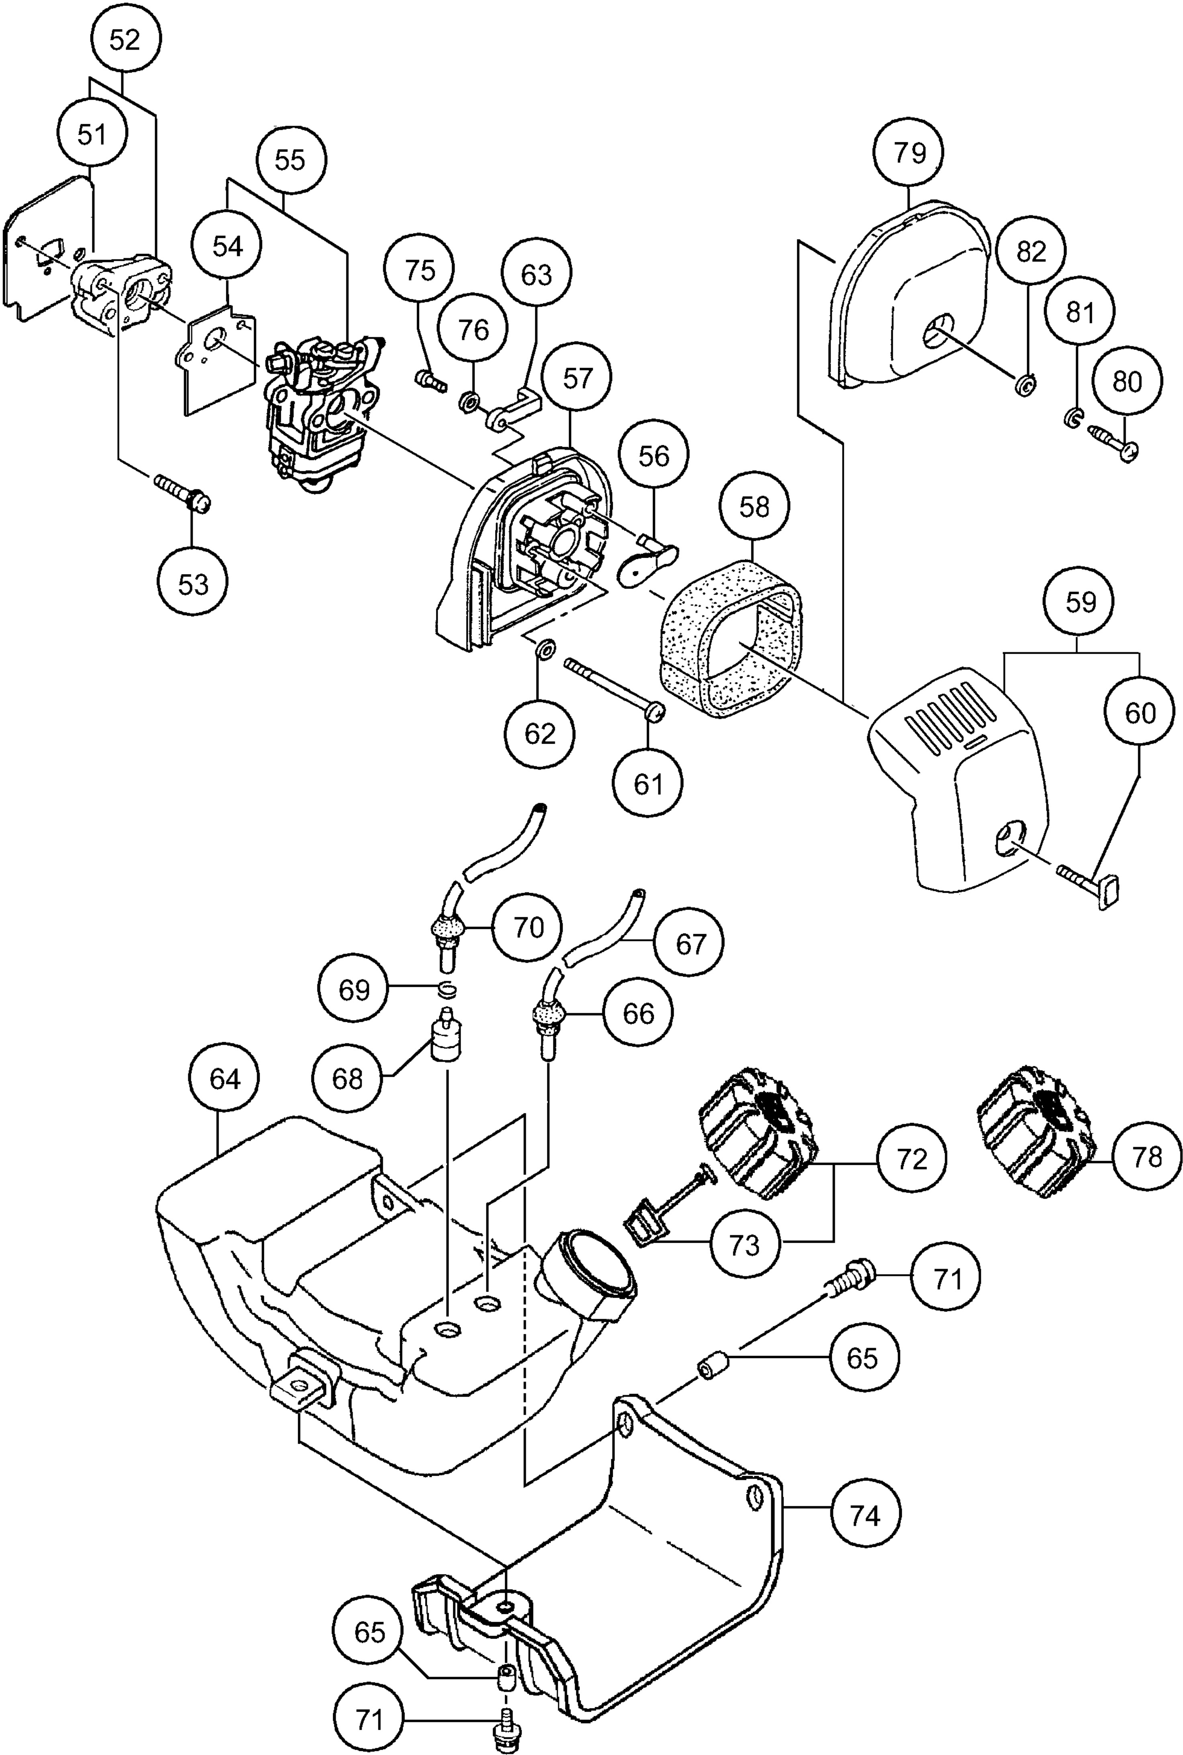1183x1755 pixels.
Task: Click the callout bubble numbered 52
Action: (x=125, y=40)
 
